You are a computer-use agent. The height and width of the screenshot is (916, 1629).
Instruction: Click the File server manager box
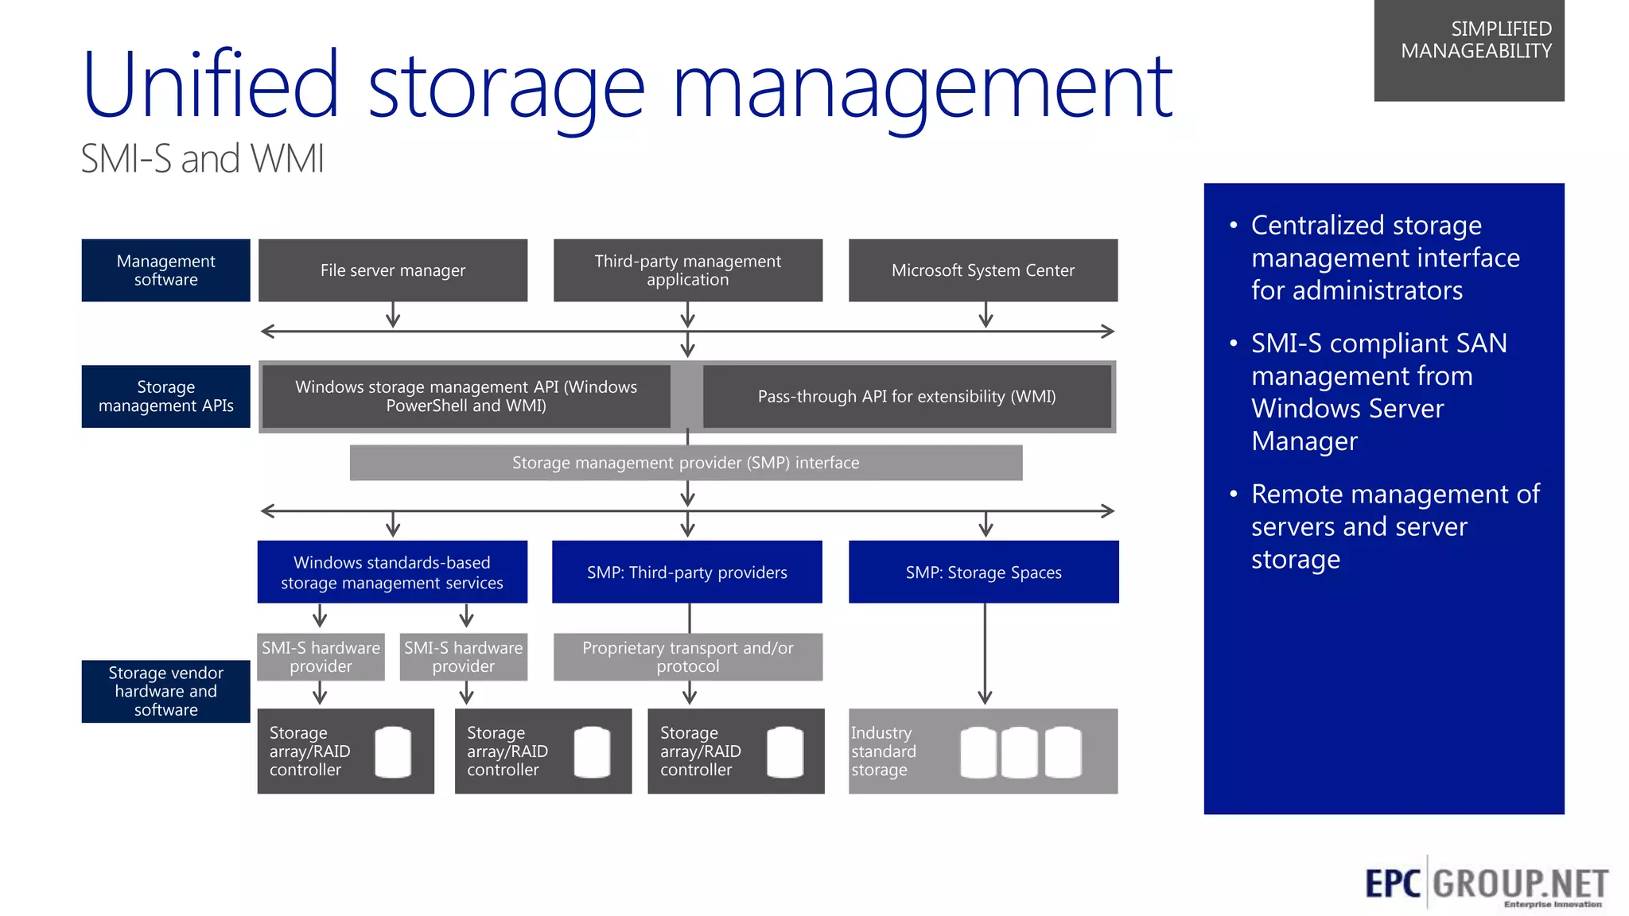coord(393,270)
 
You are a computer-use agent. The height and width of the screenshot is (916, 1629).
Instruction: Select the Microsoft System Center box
coord(983,270)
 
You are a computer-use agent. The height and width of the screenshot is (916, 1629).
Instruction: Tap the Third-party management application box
coord(688,270)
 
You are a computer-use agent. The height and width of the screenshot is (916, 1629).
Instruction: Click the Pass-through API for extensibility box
coord(907,396)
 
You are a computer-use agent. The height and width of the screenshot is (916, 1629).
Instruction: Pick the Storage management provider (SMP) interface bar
coord(686,463)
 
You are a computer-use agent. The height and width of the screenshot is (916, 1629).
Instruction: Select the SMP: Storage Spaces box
coord(983,572)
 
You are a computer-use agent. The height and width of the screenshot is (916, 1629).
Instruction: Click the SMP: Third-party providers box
coord(687,572)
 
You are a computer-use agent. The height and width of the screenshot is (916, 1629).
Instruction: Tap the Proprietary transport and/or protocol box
coord(688,657)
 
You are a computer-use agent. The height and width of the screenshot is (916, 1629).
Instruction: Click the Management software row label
coord(165,270)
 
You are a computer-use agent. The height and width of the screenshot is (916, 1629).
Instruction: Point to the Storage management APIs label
coord(165,396)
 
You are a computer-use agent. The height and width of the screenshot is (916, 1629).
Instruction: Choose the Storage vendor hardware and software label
coord(165,691)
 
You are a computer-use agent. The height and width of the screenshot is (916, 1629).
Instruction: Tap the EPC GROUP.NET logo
coord(1486,884)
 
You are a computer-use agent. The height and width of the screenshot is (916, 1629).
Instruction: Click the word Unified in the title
coord(211,86)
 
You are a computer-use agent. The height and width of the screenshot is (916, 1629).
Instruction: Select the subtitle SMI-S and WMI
coord(203,158)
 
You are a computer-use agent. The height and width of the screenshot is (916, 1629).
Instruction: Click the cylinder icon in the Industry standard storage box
coord(1021,752)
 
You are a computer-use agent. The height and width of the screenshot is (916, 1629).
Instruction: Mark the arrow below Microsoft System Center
coord(986,315)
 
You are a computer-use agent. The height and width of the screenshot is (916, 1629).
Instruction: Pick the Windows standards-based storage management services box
coord(392,572)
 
